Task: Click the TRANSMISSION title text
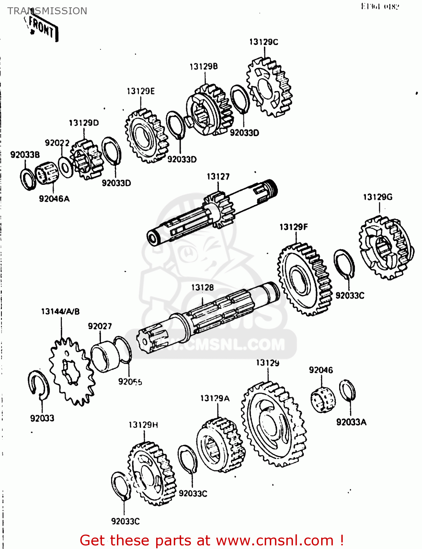coord(47,11)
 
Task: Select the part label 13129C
coord(264,42)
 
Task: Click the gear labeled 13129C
coord(269,87)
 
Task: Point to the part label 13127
coord(218,177)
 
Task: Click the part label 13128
coord(202,288)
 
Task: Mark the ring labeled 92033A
coord(347,391)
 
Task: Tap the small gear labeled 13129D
coord(86,159)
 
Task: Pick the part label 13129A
coord(215,398)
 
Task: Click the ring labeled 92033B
coord(28,179)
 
